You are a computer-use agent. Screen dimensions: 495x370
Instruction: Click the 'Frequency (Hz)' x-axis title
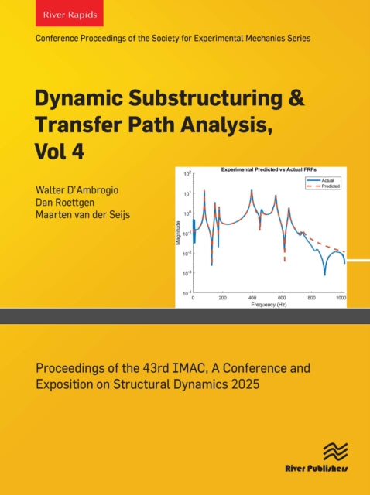[x=269, y=305]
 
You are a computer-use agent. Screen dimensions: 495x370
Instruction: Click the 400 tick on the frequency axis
[x=252, y=298]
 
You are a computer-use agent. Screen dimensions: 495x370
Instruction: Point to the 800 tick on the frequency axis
[x=313, y=298]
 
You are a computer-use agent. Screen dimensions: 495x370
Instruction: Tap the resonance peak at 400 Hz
[x=252, y=191]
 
